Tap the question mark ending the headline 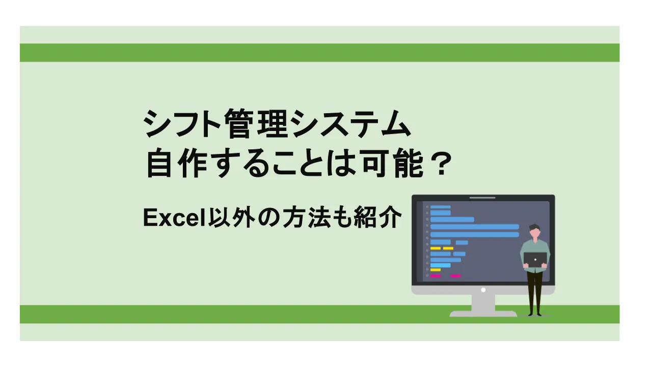pyautogui.click(x=439, y=166)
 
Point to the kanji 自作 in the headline pyautogui.click(x=178, y=166)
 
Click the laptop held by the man pyautogui.click(x=535, y=259)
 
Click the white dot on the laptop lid pyautogui.click(x=535, y=259)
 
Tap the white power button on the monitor pyautogui.click(x=483, y=290)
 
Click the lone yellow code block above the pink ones pyautogui.click(x=435, y=270)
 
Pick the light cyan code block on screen pyautogui.click(x=440, y=265)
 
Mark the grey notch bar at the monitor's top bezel pyautogui.click(x=482, y=198)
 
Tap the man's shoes pyautogui.click(x=534, y=313)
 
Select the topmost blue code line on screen pyautogui.click(x=440, y=207)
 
